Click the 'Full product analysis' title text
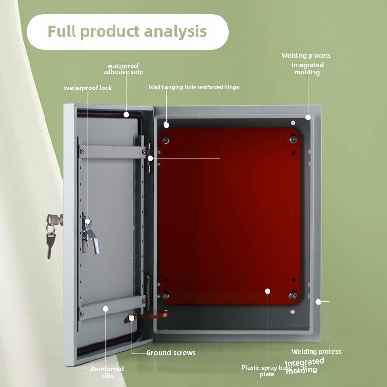127,31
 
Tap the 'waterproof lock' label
88,88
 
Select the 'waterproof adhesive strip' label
123,69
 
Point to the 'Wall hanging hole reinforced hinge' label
194,87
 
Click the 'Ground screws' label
171,353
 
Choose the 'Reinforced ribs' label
107,372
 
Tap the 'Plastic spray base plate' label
267,371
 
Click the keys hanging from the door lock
52,235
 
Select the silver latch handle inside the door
90,236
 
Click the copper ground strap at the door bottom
148,316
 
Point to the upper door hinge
149,156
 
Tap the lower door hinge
148,293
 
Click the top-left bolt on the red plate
165,140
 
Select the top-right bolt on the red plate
294,139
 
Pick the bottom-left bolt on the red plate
165,296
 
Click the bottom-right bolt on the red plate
293,295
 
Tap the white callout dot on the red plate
268,291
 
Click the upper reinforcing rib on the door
112,152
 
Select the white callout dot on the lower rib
105,309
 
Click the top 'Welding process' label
306,56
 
